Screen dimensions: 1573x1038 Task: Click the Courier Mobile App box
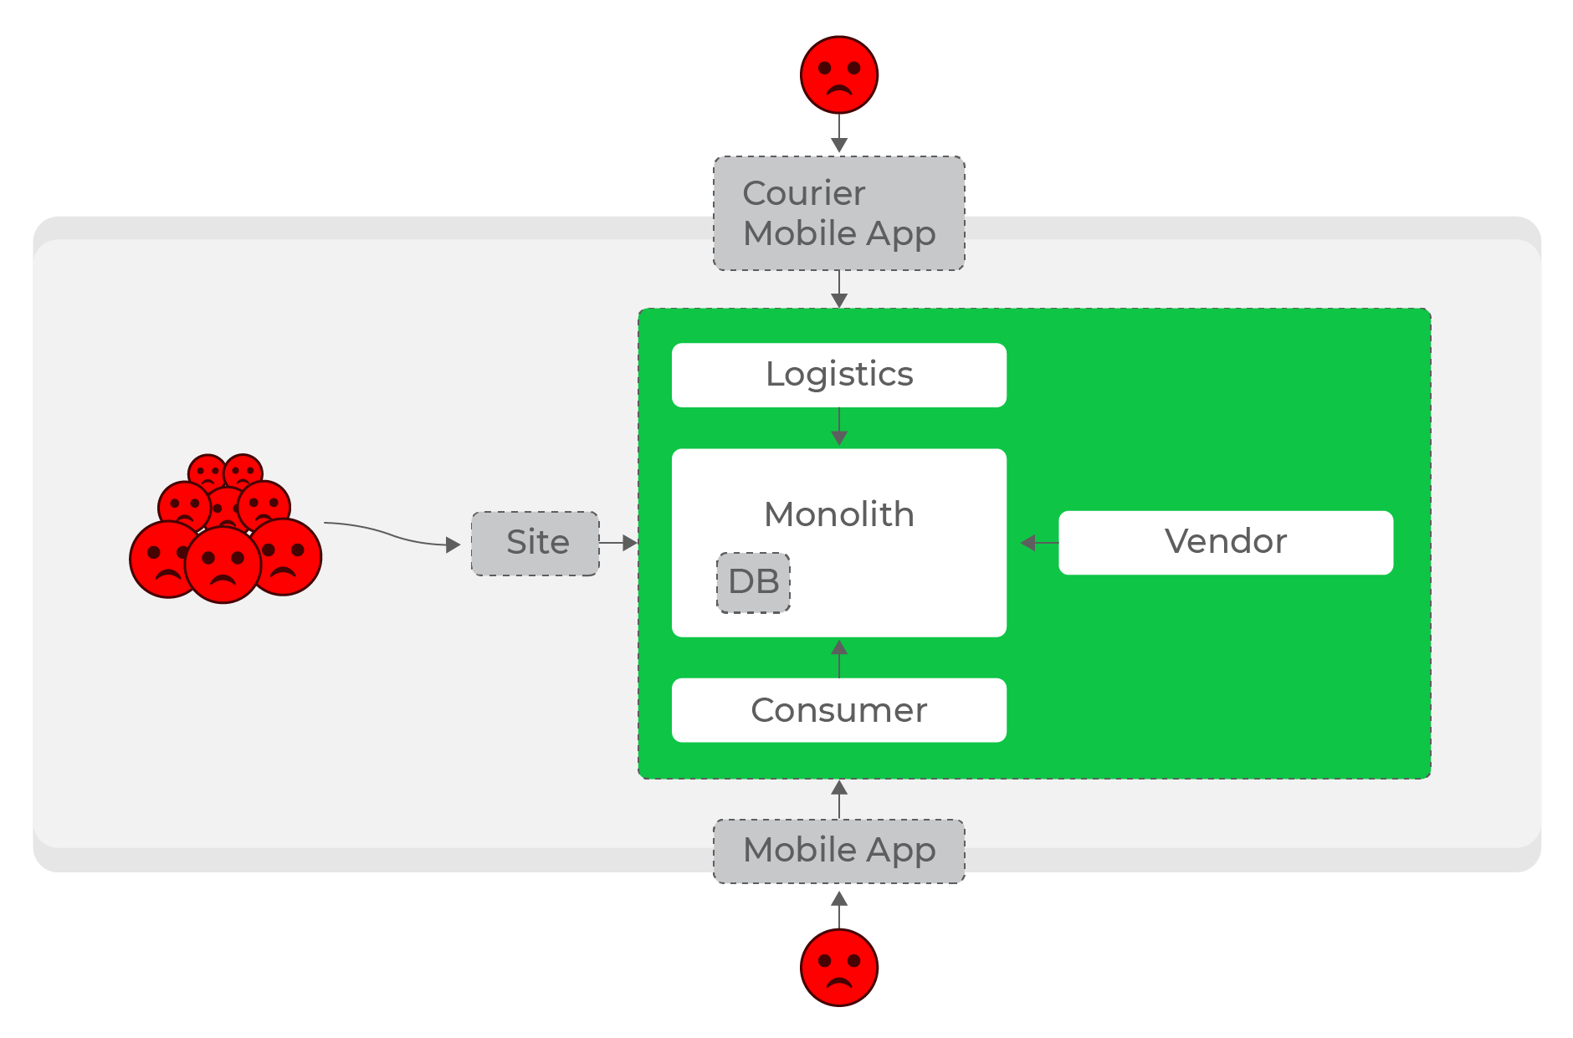click(838, 213)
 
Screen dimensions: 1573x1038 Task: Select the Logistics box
click(838, 375)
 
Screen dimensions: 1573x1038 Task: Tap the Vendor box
click(1226, 542)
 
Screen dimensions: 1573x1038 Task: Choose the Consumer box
click(838, 710)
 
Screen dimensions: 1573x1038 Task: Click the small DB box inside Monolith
click(753, 582)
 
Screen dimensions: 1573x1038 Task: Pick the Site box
click(535, 544)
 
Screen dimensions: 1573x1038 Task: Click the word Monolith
click(838, 514)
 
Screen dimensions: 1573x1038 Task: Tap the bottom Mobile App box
click(838, 851)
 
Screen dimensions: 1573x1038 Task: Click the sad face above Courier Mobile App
click(839, 74)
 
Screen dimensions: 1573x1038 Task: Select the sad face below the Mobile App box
click(839, 968)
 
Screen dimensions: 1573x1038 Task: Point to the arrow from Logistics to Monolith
click(839, 427)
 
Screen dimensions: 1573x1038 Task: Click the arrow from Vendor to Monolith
click(1039, 543)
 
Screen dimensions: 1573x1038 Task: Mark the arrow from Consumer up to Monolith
click(839, 658)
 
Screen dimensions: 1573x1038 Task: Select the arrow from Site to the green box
click(618, 543)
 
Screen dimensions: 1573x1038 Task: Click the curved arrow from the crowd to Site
click(392, 535)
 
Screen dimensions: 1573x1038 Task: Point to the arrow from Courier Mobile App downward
click(839, 289)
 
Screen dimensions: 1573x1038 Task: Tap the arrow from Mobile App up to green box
click(839, 799)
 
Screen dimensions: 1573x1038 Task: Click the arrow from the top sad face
click(839, 133)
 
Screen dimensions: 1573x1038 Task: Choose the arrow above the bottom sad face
click(839, 909)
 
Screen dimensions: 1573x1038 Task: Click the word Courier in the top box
click(804, 193)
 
